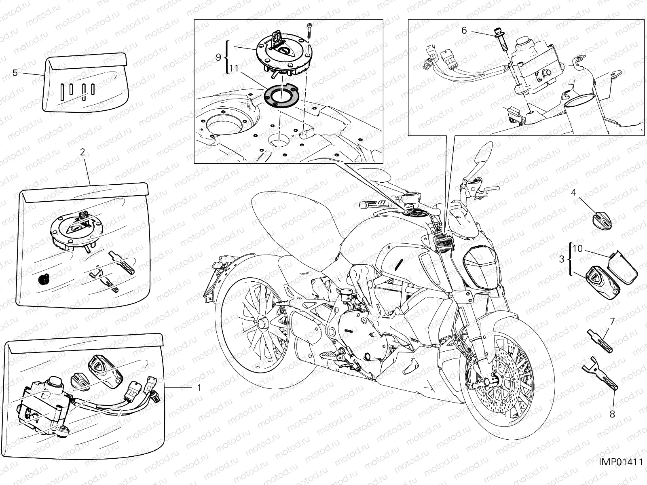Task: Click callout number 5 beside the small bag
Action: click(15, 73)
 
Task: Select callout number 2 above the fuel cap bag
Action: click(82, 152)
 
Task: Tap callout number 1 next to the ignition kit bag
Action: click(199, 388)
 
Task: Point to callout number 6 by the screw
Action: click(464, 30)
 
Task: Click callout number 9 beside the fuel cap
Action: click(218, 57)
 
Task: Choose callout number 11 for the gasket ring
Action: click(234, 69)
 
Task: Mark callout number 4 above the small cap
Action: click(573, 192)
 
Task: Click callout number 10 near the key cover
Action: click(578, 249)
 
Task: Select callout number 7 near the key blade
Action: click(612, 321)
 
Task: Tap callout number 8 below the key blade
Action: click(612, 414)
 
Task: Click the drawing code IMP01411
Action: click(621, 470)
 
